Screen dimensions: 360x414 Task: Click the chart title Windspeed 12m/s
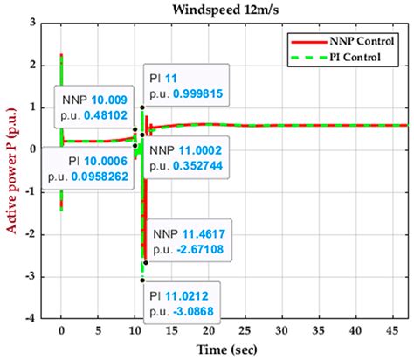(x=230, y=11)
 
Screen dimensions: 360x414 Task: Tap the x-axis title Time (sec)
(x=230, y=350)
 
